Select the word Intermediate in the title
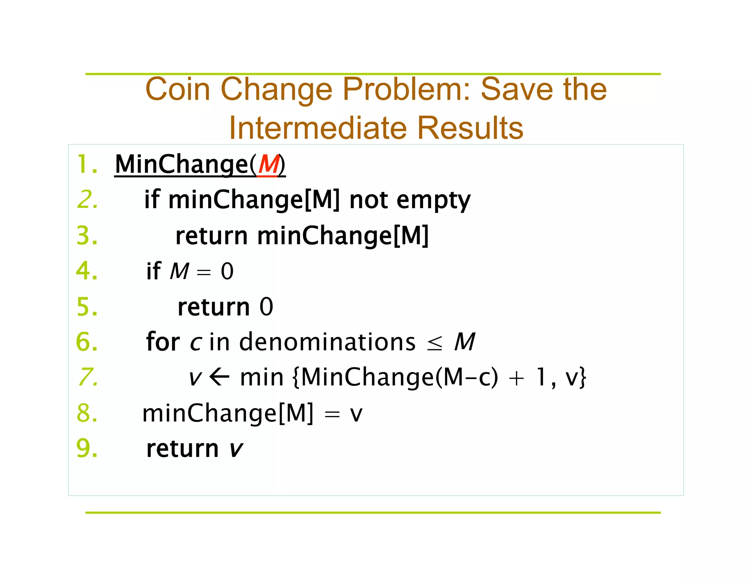click(318, 128)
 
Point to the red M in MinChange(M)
click(268, 164)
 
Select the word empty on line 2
click(433, 200)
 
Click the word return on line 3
click(211, 235)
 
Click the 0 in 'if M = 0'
click(227, 271)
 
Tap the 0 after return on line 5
click(266, 307)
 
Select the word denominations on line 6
click(327, 342)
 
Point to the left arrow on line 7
click(220, 377)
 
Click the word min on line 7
click(262, 377)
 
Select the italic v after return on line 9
click(236, 449)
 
